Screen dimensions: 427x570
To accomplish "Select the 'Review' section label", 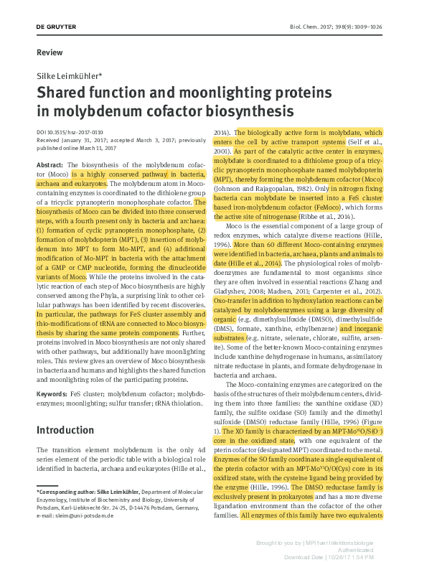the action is (x=50, y=52).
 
